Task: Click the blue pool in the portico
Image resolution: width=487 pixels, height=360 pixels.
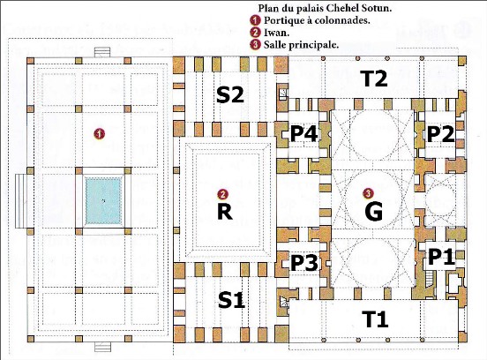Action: [x=103, y=200]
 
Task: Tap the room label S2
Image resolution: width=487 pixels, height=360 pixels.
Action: [x=230, y=94]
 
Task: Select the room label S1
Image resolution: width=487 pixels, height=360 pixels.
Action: [x=231, y=300]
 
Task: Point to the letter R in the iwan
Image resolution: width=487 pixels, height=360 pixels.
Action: [x=225, y=212]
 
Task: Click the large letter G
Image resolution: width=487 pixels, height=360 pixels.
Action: [x=374, y=212]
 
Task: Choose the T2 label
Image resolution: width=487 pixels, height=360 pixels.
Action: [x=375, y=79]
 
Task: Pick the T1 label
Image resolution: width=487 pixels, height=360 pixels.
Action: [x=375, y=319]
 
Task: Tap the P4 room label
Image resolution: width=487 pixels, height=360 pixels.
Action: [x=303, y=134]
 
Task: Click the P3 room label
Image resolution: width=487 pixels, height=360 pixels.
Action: [x=304, y=263]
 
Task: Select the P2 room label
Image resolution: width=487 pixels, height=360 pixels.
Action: [x=440, y=134]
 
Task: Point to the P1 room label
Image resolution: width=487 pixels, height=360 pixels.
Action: [x=441, y=258]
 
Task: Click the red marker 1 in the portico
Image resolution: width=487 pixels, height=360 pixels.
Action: [x=100, y=134]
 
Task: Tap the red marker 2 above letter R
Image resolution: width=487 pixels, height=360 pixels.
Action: [x=222, y=194]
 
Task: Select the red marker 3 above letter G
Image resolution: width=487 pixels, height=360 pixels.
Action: [x=368, y=193]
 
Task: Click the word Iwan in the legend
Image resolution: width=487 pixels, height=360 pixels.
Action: [x=276, y=33]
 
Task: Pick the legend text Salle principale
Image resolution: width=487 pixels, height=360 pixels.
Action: [x=301, y=45]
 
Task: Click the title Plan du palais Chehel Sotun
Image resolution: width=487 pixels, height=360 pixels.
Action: [x=325, y=9]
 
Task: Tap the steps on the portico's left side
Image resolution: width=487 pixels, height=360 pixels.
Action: [x=21, y=200]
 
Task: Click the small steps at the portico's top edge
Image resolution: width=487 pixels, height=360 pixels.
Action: [x=102, y=52]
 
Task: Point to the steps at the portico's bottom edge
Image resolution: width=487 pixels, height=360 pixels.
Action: [x=102, y=347]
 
